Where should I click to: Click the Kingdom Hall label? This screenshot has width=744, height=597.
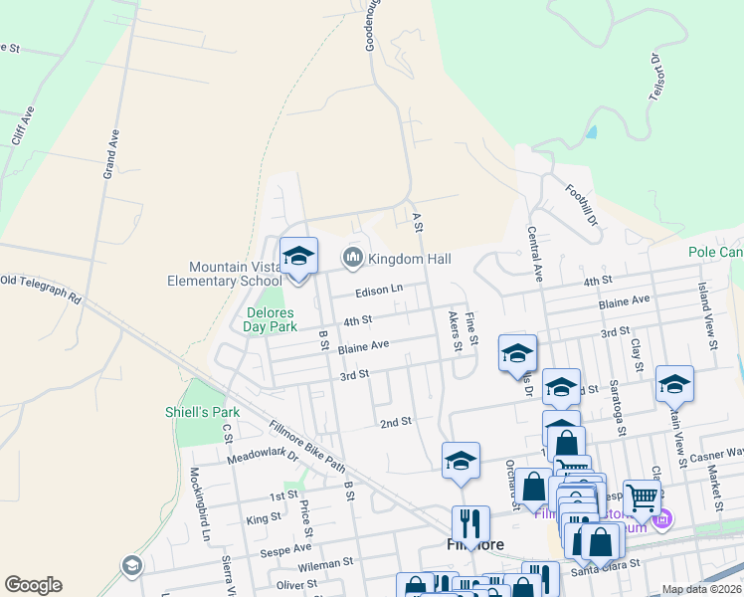pyautogui.click(x=409, y=260)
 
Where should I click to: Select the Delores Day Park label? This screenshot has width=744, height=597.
pyautogui.click(x=271, y=318)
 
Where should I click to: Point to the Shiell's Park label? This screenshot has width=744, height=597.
pyautogui.click(x=203, y=412)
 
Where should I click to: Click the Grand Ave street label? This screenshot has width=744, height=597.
pyautogui.click(x=111, y=154)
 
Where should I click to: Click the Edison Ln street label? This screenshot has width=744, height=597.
pyautogui.click(x=380, y=291)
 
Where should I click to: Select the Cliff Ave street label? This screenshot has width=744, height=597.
pyautogui.click(x=23, y=126)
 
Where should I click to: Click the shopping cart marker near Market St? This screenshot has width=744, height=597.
pyautogui.click(x=643, y=497)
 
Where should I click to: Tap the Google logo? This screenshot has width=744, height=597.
pyautogui.click(x=33, y=585)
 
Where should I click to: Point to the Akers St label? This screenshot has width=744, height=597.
pyautogui.click(x=454, y=331)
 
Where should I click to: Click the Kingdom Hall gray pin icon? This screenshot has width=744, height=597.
pyautogui.click(x=352, y=259)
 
